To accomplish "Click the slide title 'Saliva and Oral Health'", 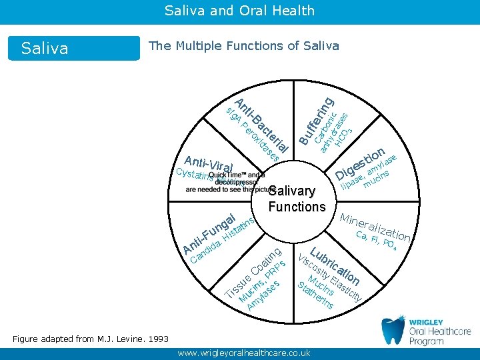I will (x=239, y=10).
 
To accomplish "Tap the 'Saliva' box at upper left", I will (x=45, y=48).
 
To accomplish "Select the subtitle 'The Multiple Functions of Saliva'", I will (x=244, y=46).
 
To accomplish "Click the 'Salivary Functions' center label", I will (x=297, y=199).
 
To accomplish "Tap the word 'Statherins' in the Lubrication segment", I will (x=316, y=297).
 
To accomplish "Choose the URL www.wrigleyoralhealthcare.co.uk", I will (x=244, y=353).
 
